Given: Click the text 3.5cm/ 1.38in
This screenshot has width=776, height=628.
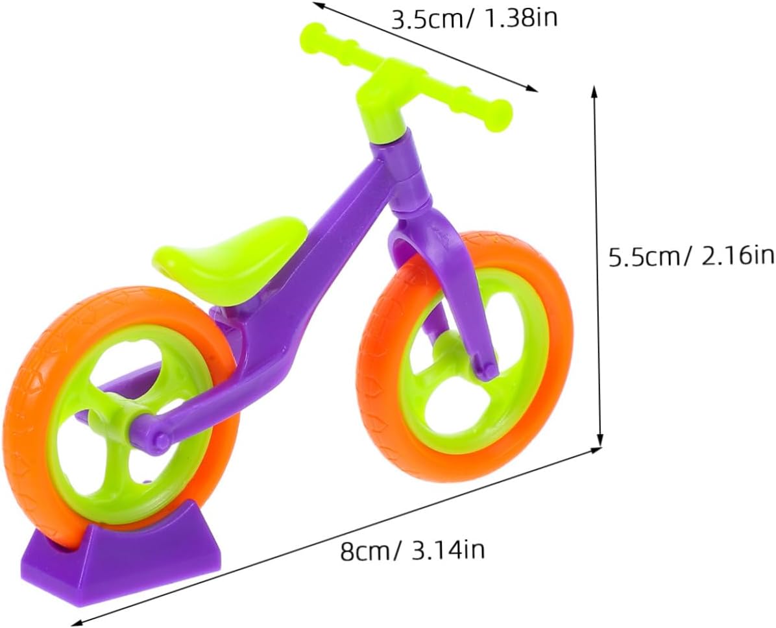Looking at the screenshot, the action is point(474,19).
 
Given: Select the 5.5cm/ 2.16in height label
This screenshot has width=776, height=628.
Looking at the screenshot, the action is point(691,257).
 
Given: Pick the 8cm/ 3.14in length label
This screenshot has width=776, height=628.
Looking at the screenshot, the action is point(412,550).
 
